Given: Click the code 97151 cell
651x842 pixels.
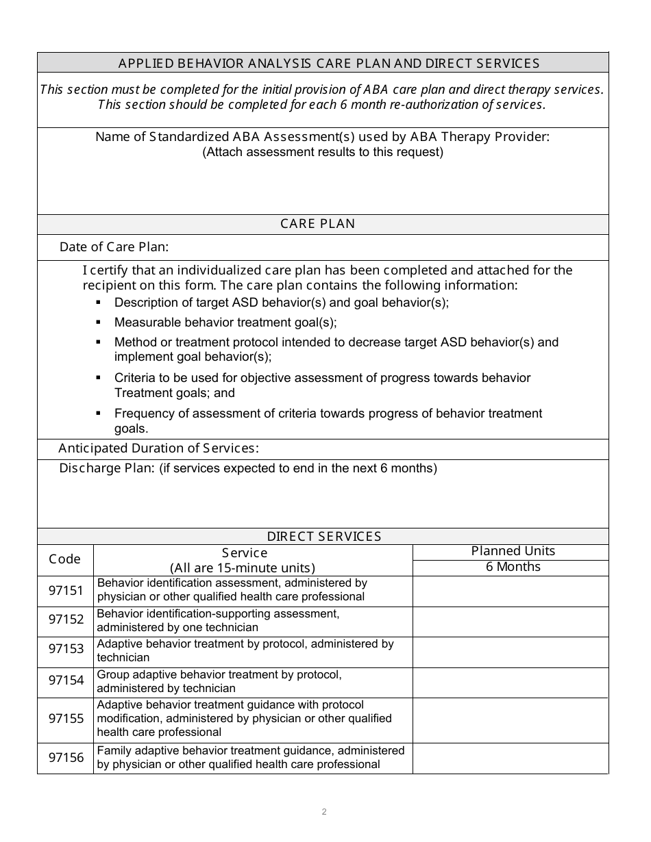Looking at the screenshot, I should click(x=65, y=590).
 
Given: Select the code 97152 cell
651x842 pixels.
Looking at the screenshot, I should click(x=65, y=620).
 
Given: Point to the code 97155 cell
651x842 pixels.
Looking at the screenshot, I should click(x=65, y=719).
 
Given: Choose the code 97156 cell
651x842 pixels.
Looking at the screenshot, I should click(x=65, y=758).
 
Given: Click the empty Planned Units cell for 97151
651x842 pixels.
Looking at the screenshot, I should click(x=510, y=591).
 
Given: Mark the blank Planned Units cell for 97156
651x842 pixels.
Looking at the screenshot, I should click(x=510, y=758).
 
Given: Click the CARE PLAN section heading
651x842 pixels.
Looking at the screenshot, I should click(x=318, y=224).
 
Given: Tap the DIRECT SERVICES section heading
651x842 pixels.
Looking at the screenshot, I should click(x=323, y=537).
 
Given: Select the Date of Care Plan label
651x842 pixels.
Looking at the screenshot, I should click(x=114, y=247).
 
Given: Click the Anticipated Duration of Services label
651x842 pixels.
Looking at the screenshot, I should click(x=158, y=448).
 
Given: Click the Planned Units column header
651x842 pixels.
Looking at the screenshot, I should click(x=513, y=551).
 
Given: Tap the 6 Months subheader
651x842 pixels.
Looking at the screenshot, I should click(x=513, y=567).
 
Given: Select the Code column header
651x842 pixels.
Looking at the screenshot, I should click(x=65, y=559).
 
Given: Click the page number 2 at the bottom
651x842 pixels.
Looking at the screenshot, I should click(x=324, y=812).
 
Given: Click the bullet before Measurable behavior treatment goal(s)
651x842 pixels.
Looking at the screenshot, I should click(x=99, y=322).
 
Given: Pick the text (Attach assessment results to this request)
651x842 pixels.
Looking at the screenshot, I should click(x=322, y=152).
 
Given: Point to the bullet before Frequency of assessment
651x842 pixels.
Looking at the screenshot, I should click(x=99, y=413).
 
